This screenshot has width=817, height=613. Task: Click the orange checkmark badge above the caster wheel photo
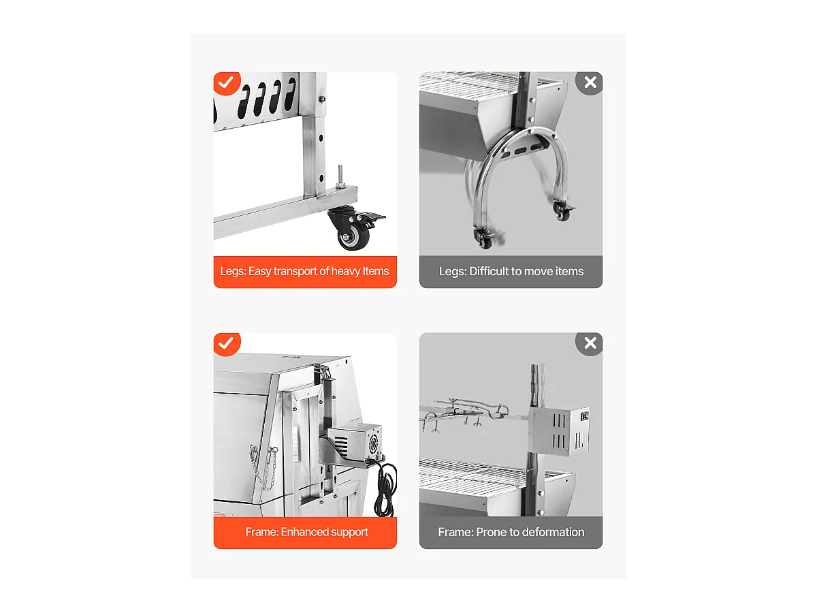(x=226, y=83)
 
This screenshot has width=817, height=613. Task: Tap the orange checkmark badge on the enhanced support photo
(x=226, y=343)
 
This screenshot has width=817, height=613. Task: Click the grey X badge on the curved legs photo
(x=590, y=83)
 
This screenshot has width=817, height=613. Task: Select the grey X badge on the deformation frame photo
(x=590, y=343)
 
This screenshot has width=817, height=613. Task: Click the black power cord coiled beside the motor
(x=385, y=488)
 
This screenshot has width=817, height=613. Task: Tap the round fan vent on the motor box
(x=372, y=443)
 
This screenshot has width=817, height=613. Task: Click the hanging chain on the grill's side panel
(x=265, y=468)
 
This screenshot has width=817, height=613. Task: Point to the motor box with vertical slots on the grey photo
(x=560, y=430)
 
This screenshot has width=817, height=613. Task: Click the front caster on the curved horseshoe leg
(x=485, y=238)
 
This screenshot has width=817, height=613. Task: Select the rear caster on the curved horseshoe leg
(x=563, y=210)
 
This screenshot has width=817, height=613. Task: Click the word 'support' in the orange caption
(x=349, y=532)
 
